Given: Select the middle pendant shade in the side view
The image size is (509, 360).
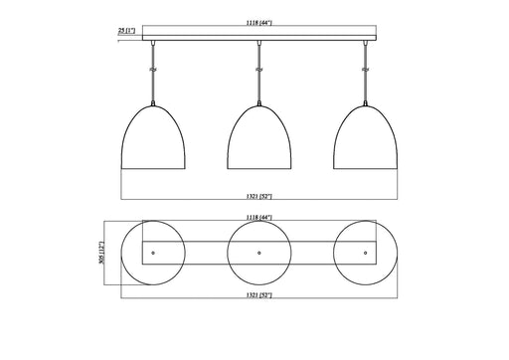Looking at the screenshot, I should click(x=258, y=139).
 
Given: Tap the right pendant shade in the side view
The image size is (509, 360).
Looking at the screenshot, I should click(x=365, y=139).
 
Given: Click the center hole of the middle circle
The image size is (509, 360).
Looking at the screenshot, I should click(x=258, y=254).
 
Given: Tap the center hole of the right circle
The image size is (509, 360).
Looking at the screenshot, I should click(x=365, y=254).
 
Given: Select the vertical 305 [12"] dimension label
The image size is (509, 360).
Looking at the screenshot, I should click(x=101, y=254).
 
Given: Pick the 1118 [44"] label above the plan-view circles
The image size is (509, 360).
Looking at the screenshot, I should click(x=258, y=216).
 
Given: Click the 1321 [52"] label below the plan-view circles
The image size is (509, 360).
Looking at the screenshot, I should click(x=258, y=296).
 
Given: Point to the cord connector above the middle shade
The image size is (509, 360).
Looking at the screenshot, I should click(x=258, y=70).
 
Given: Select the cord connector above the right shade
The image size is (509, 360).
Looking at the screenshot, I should click(x=365, y=70).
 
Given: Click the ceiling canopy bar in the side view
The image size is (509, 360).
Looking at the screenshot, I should click(x=258, y=41).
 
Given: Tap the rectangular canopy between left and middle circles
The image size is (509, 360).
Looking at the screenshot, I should click(x=206, y=254).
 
